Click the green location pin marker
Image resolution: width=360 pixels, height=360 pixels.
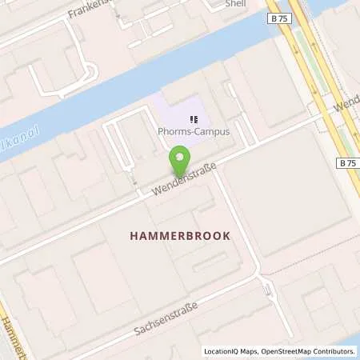180,162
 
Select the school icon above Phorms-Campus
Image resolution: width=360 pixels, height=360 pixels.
192,120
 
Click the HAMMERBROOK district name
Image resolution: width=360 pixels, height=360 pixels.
180,236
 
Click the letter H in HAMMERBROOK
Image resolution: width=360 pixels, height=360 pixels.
134,236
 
